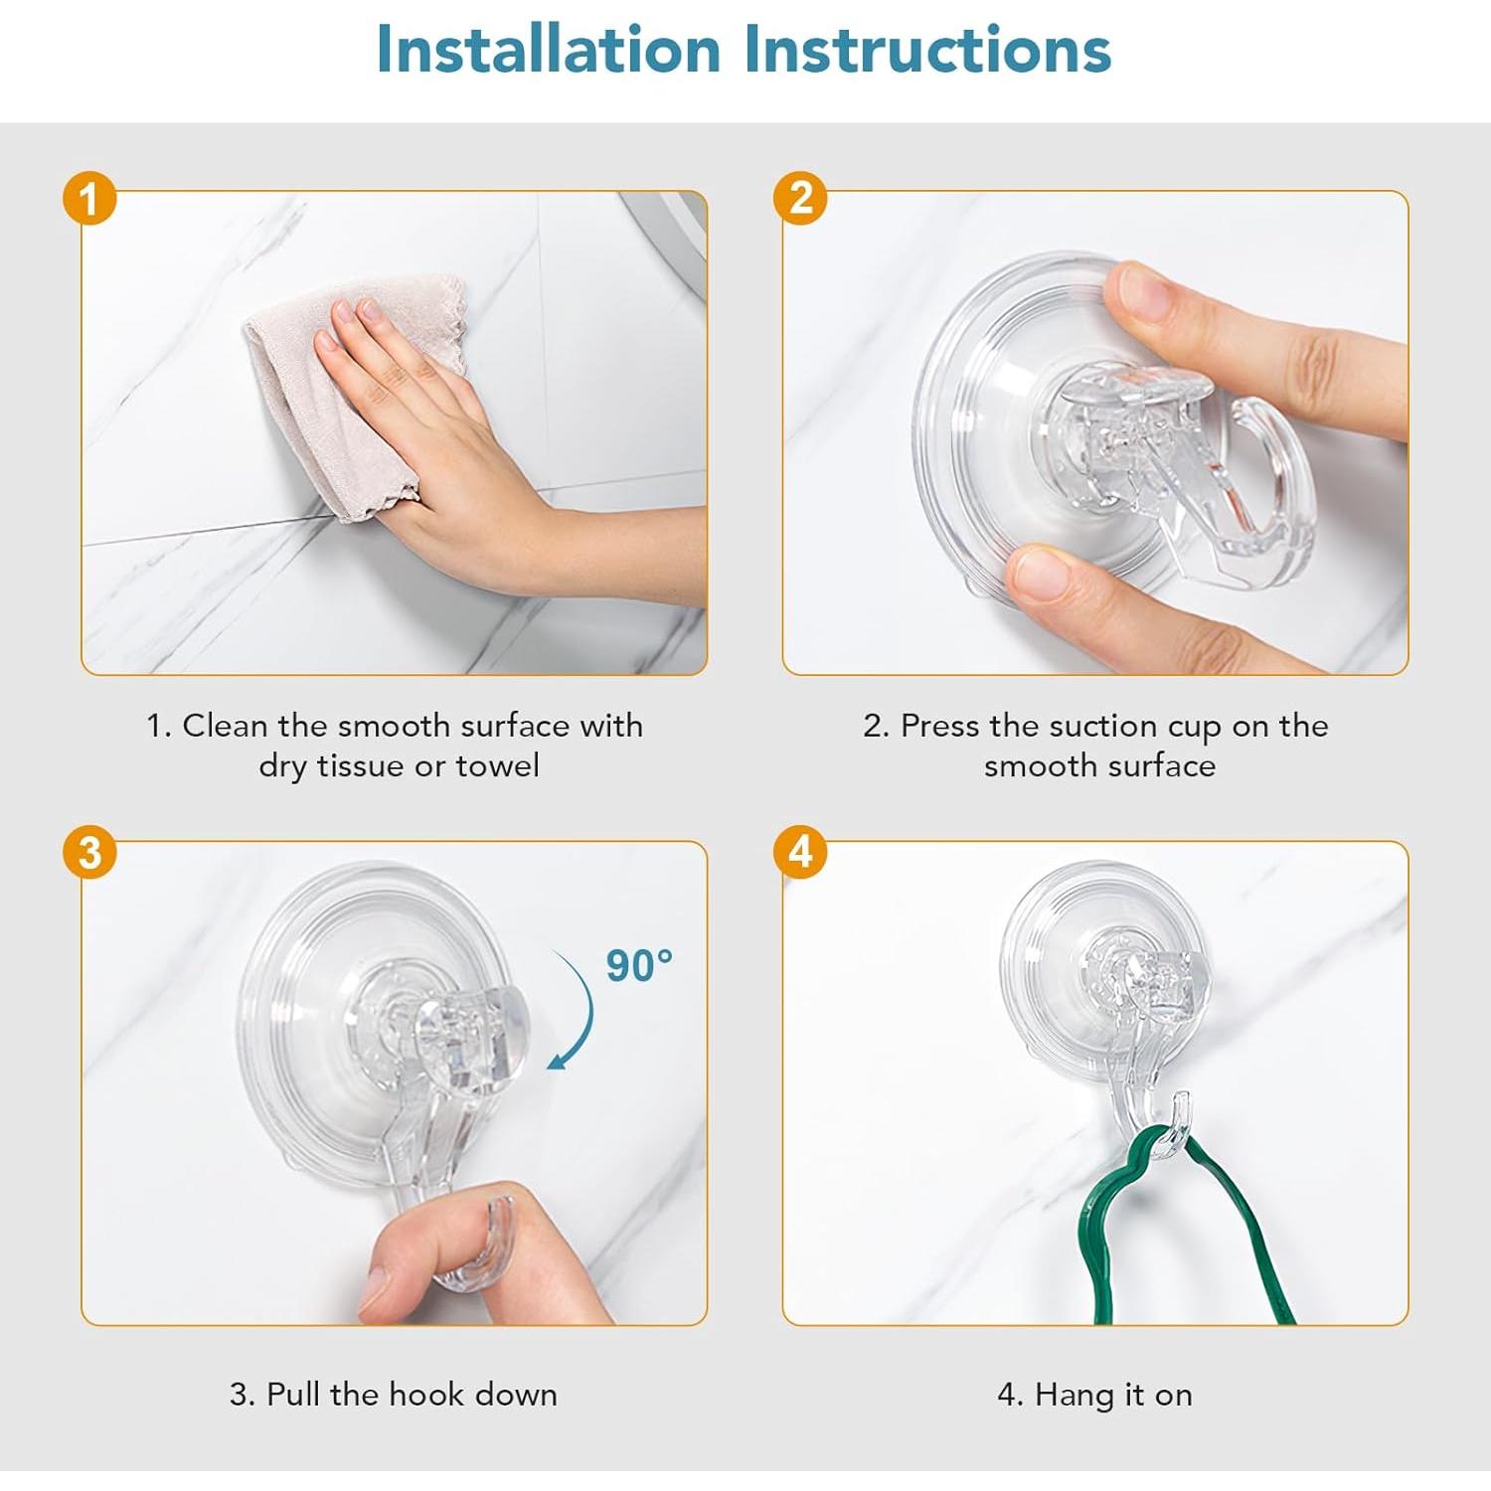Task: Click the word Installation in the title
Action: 549,49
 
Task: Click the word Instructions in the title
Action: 927,49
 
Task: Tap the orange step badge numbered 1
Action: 89,199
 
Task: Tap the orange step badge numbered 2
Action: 800,197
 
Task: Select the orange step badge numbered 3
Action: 89,852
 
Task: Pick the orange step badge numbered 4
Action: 800,851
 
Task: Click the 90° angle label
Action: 639,965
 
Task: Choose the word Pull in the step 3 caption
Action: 294,1394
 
